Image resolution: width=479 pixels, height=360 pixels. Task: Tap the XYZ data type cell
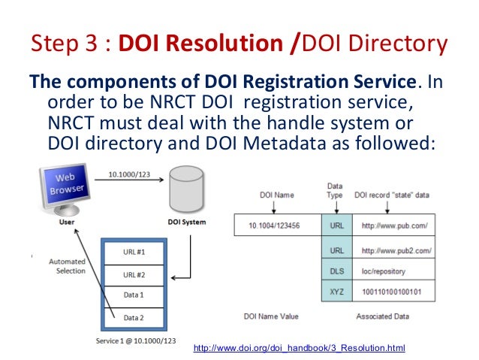tap(336, 288)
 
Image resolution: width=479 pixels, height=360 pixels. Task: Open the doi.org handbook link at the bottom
tap(299, 349)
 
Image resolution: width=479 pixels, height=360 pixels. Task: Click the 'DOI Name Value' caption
tap(271, 316)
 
